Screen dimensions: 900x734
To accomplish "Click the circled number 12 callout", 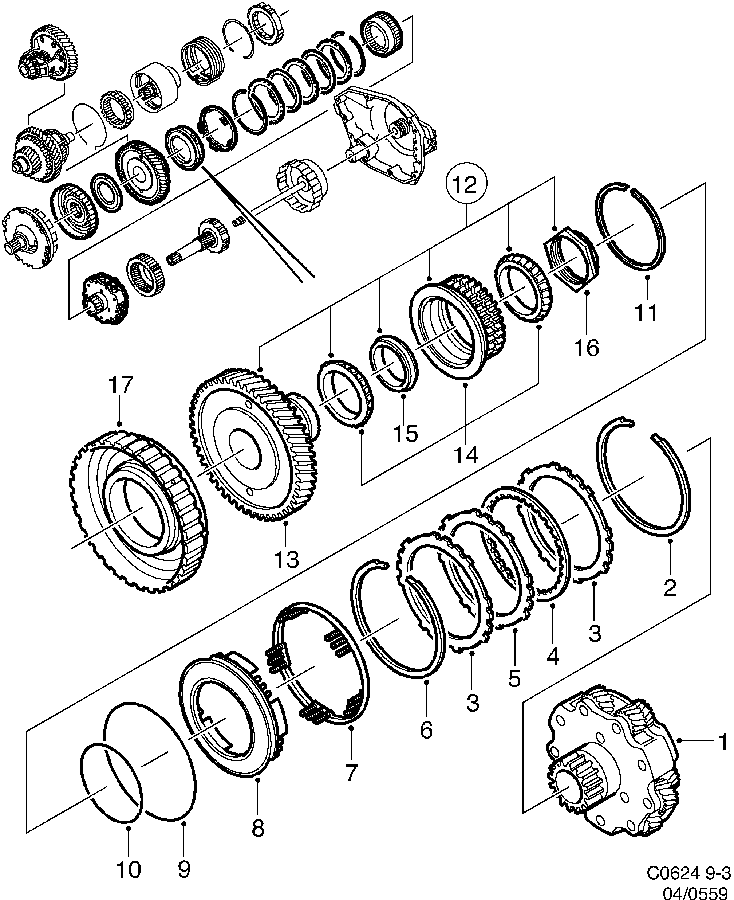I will coord(467,185).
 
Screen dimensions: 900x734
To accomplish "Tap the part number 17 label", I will coord(121,386).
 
